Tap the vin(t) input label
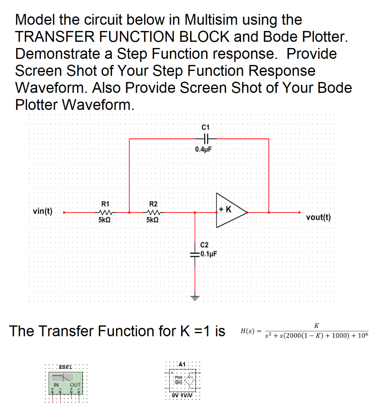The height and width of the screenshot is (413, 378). (43, 211)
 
